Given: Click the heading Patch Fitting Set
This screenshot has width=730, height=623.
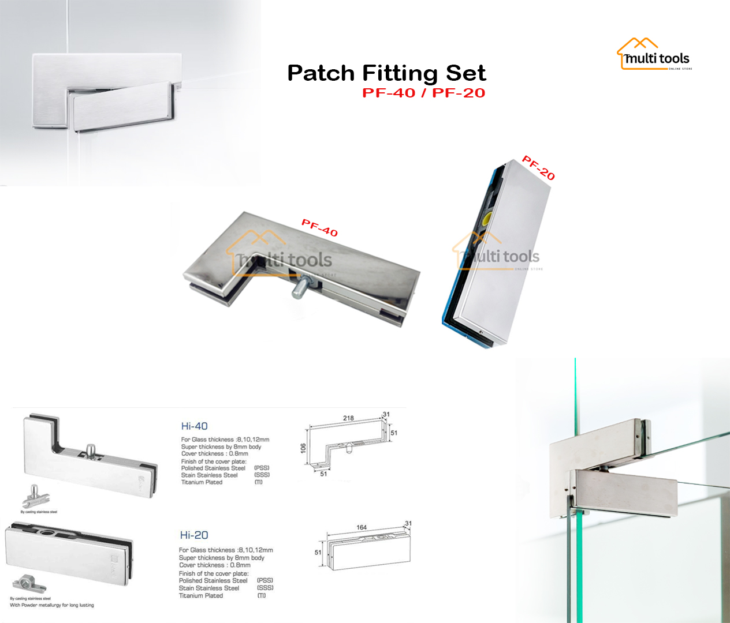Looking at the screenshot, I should point(386,73).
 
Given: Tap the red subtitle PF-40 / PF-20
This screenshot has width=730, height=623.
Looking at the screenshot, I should point(423,93).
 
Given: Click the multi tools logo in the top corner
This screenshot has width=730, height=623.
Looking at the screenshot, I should point(654,55).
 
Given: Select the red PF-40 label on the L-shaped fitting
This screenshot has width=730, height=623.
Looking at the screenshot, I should point(319,228).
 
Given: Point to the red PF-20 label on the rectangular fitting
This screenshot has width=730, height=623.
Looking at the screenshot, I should point(538,168).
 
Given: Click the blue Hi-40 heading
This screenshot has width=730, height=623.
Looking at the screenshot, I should point(194,426).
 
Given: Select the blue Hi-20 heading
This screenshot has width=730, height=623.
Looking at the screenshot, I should point(194,535).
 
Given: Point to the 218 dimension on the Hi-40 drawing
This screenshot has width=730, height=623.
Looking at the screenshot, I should point(348,418).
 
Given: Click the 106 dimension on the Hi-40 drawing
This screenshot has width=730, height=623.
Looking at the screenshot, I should point(303,448).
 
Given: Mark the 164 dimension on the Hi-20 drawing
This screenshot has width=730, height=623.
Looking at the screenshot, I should point(362,527).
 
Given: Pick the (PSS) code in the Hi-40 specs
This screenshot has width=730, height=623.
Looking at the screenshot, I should point(262,468).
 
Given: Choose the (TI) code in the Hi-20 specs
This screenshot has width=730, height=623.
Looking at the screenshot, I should point(262,595).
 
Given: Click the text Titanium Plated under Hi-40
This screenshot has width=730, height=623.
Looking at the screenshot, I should point(202,482).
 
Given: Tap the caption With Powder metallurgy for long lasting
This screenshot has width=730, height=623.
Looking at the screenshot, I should point(52,605).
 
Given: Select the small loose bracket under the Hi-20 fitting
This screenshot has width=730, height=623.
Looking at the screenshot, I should point(29,584).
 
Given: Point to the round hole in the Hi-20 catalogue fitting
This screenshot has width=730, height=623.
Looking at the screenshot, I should point(43,530).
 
